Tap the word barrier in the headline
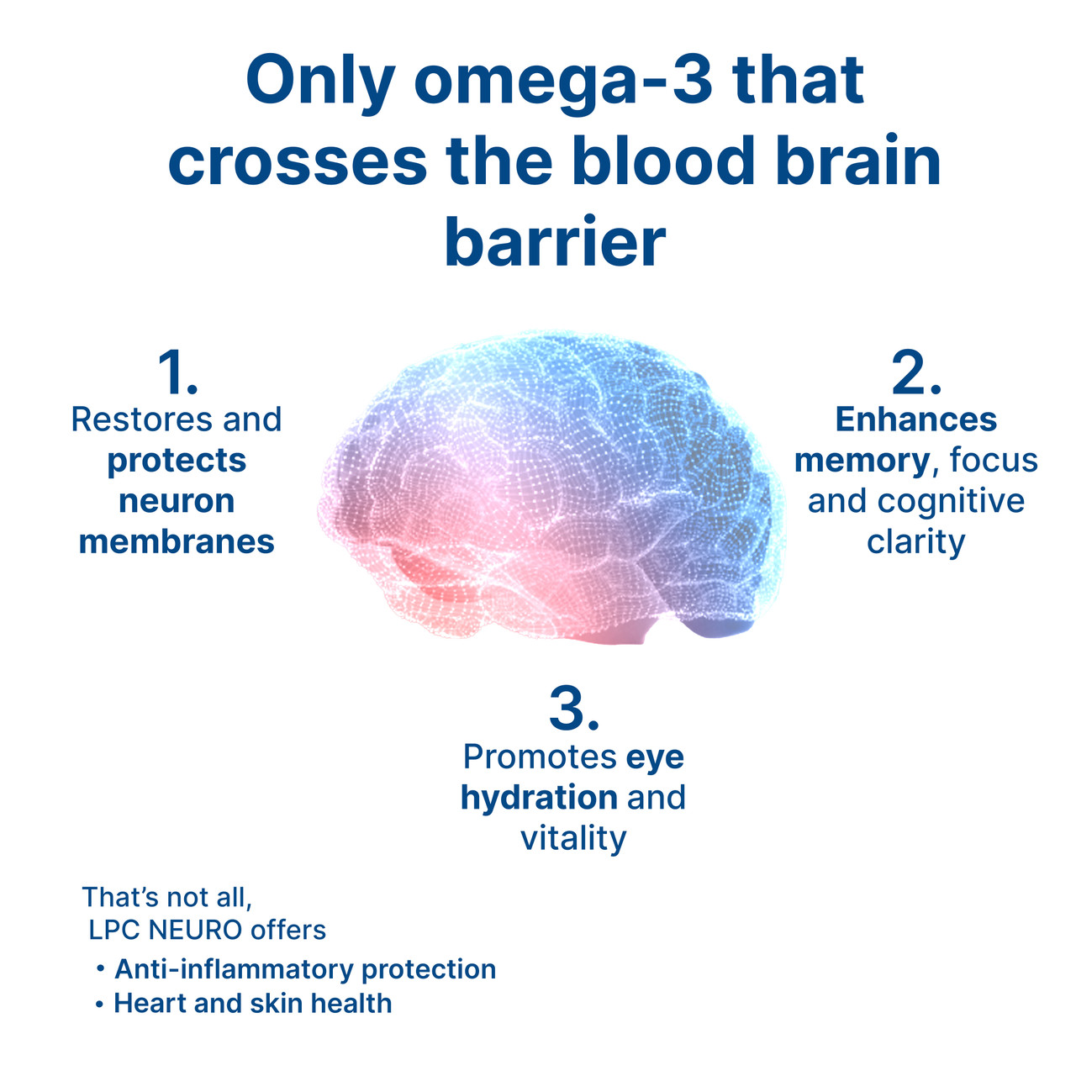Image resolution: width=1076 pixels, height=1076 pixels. [x=555, y=242]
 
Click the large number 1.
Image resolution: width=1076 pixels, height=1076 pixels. [x=177, y=373]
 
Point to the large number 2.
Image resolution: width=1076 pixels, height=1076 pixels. [x=915, y=373]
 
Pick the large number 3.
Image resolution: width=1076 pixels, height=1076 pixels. [x=573, y=709]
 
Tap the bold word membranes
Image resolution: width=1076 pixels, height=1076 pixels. [x=177, y=542]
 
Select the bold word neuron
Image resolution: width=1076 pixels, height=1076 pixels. [x=177, y=501]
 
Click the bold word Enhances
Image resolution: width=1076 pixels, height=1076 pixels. [x=915, y=419]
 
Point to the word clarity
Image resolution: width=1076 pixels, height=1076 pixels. [x=915, y=542]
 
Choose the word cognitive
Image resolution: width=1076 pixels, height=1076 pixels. [x=952, y=501]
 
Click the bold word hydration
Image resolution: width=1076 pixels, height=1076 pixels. [x=539, y=798]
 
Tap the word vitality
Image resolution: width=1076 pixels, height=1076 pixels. [x=573, y=838]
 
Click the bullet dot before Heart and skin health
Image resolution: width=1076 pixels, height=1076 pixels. [x=99, y=1005]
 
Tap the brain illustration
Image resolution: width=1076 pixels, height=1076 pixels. [x=551, y=488]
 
